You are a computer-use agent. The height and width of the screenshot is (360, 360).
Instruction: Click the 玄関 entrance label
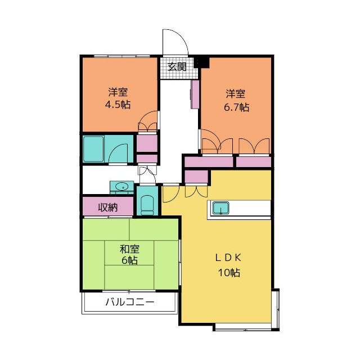tap(177, 67)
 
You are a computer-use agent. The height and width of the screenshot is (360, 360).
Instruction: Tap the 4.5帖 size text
tap(118, 105)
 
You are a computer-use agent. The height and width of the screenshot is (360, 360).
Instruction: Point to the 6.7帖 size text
tap(236, 107)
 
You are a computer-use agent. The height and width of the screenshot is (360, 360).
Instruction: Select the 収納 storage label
tap(108, 208)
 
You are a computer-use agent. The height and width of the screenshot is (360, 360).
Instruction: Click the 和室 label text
tap(130, 249)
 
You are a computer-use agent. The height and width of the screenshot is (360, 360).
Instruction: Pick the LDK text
tap(228, 258)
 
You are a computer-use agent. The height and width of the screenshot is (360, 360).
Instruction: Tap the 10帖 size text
tap(229, 272)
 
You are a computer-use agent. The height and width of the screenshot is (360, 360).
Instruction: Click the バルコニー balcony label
tap(130, 301)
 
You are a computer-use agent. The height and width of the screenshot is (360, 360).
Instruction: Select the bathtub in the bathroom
tap(93, 149)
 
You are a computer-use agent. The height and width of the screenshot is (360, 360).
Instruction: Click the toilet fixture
tap(147, 205)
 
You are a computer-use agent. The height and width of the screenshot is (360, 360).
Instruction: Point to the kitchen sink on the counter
tap(220, 208)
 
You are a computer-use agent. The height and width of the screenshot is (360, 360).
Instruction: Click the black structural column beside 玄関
tap(201, 62)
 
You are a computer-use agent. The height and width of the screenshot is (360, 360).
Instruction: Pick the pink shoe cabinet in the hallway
tap(195, 94)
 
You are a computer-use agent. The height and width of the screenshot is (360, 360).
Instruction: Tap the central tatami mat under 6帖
tap(129, 253)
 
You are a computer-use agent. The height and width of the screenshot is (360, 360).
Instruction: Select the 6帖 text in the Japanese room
tap(130, 260)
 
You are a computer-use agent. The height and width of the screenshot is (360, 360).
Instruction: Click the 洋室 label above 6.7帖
tap(236, 94)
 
